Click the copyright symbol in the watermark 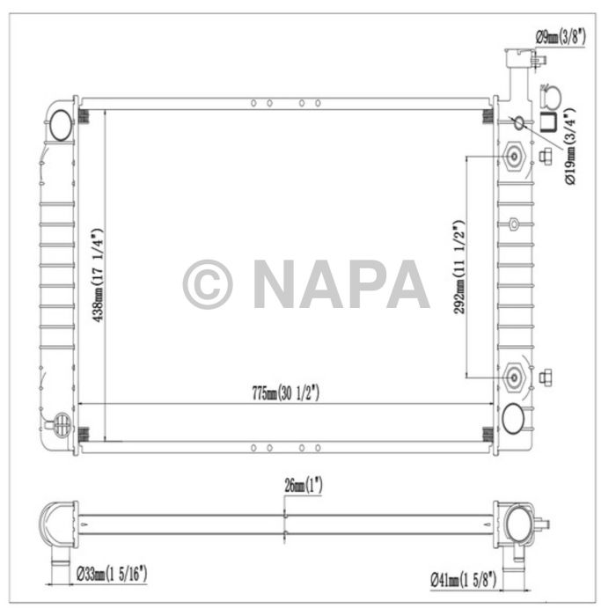[x=208, y=284]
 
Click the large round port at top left [x=62, y=126]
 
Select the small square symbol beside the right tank [x=547, y=122]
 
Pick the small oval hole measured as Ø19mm [x=518, y=121]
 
